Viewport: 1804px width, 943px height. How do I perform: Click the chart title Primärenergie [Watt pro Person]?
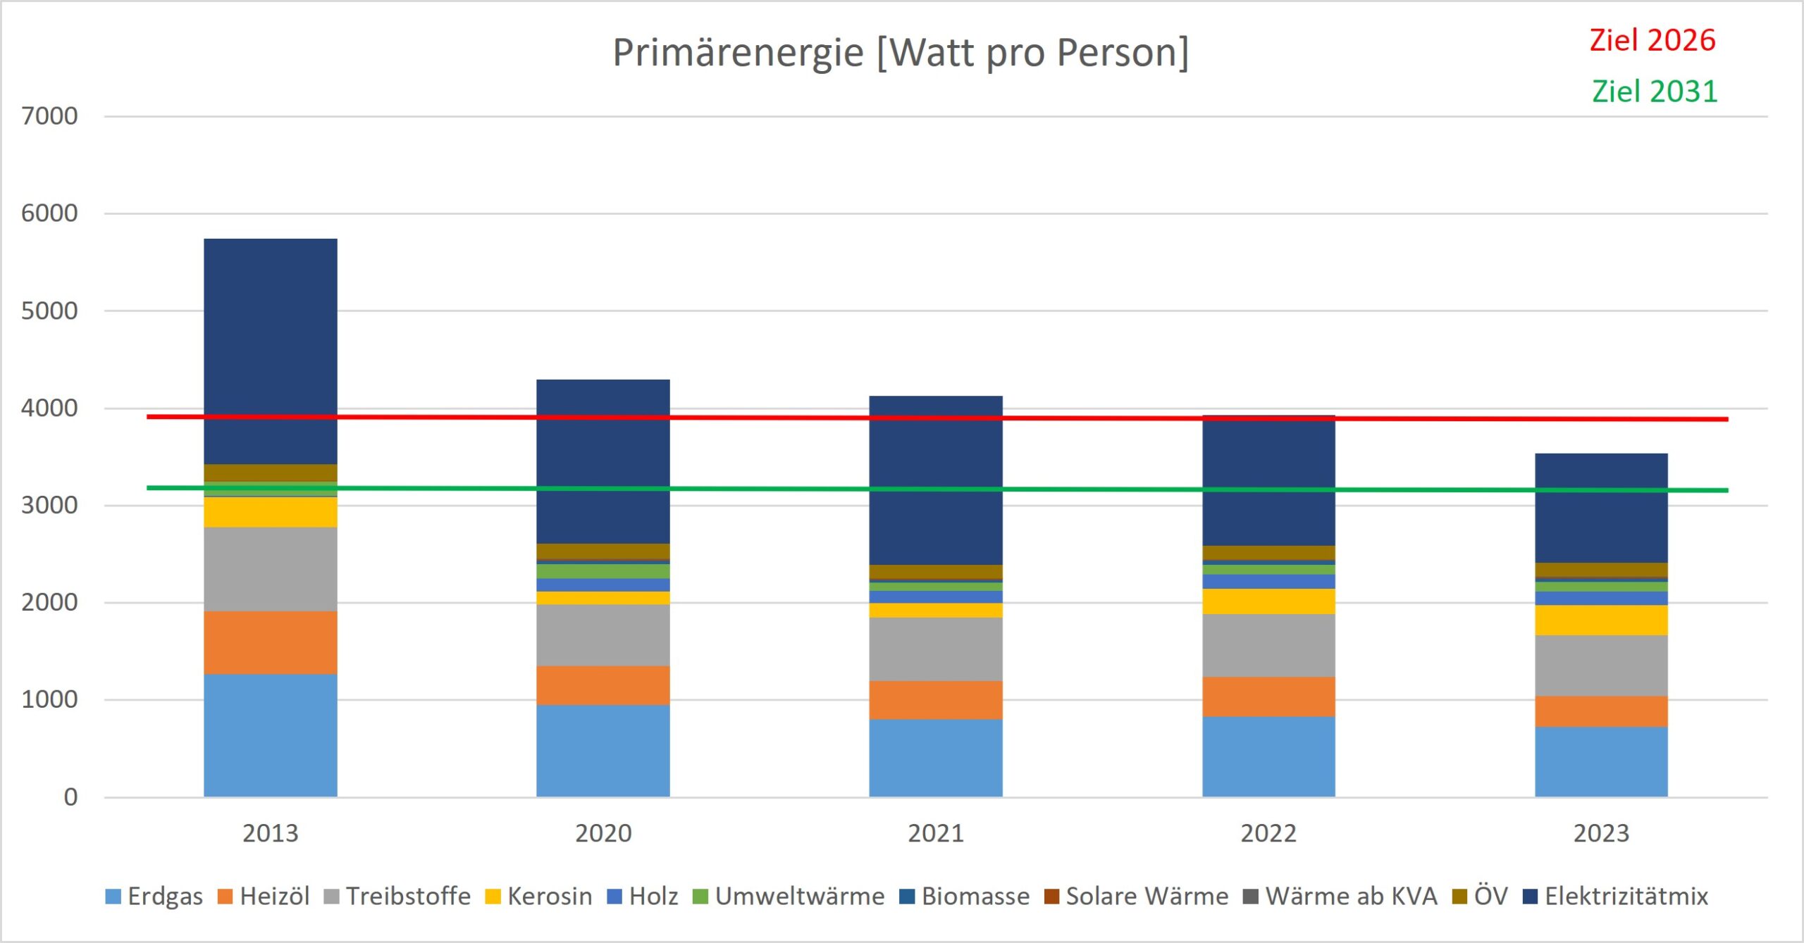pos(901,53)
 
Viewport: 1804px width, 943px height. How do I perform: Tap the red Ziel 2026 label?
pos(1652,40)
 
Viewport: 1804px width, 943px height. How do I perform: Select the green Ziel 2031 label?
pos(1655,92)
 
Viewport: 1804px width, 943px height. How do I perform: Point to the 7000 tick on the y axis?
pos(49,116)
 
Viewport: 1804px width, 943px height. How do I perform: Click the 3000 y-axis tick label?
pos(49,506)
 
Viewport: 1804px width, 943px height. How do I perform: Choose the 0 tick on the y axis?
pos(70,797)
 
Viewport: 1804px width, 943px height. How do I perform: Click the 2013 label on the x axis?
pos(271,834)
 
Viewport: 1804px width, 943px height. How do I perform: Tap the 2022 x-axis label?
pos(1268,834)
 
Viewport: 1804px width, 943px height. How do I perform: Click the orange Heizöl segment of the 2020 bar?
pos(603,685)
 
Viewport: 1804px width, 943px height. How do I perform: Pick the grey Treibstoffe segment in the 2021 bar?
pos(936,649)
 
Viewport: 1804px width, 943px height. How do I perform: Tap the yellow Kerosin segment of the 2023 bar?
pos(1601,620)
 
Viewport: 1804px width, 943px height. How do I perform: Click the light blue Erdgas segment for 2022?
pos(1268,757)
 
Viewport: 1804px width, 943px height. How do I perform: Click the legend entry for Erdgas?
pos(155,897)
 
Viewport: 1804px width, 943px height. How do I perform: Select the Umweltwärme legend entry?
pos(789,897)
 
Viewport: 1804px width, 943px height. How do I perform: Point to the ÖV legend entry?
pos(1481,897)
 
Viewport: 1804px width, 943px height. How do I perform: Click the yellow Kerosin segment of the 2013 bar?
pos(271,513)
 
